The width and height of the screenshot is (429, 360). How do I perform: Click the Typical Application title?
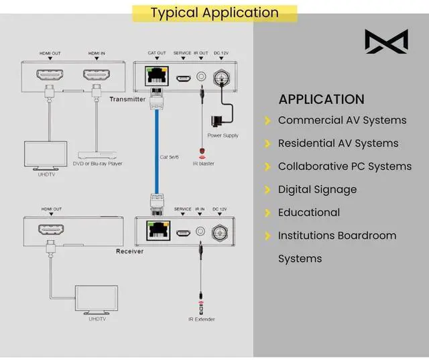coord(214,13)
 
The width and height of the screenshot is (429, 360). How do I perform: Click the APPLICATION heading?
coord(321,99)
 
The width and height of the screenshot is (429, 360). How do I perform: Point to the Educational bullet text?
coord(309,213)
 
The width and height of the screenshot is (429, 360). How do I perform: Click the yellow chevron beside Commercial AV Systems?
coord(267,121)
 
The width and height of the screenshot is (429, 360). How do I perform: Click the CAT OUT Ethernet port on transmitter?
coord(157,76)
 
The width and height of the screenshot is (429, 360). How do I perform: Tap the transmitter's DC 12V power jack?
coord(221,77)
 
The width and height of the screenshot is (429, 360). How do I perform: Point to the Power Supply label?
coord(223,136)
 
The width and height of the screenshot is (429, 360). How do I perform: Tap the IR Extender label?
coord(201,319)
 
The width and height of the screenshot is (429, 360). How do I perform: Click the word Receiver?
coord(130,252)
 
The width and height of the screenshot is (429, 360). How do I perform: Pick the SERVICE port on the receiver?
coord(182,233)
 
